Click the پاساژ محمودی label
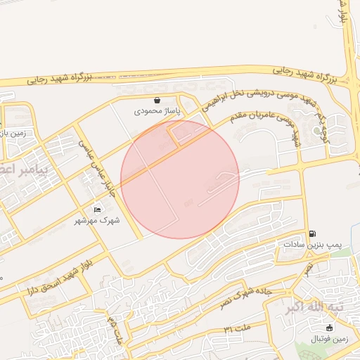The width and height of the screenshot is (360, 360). point(157,111)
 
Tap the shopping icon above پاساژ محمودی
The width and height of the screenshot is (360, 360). point(157,101)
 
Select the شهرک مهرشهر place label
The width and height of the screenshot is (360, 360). point(98,220)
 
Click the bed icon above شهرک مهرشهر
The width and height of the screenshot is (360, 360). point(97,210)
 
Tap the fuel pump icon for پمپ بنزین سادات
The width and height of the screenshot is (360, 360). point(312,234)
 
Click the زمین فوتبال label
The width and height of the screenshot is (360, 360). point(330,339)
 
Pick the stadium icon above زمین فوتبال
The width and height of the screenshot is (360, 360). point(330,328)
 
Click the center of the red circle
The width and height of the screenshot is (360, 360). point(180,179)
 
